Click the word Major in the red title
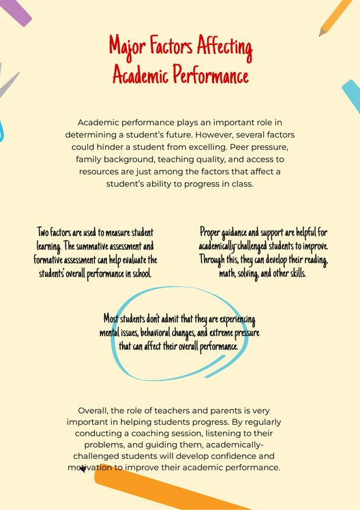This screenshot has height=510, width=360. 127,48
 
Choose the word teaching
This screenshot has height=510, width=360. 179,159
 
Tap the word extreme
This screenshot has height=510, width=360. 221,333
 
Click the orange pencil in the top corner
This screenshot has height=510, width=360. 336,18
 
